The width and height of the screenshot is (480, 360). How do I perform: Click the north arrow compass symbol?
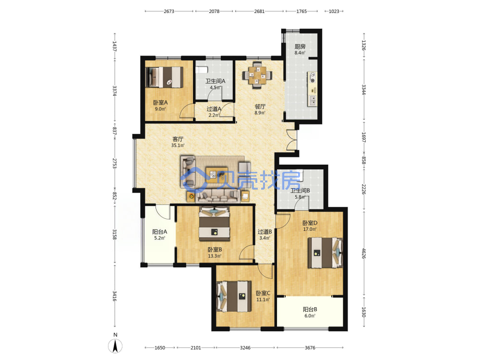[115, 346]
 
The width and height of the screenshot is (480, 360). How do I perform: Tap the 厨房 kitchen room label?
[300, 47]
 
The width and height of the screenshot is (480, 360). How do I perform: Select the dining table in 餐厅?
[257, 75]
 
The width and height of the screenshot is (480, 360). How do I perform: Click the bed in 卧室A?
[165, 77]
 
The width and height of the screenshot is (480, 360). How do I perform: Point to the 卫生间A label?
[215, 81]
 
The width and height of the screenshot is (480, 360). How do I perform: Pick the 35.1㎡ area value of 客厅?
[178, 145]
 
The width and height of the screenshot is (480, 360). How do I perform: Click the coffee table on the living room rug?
[217, 175]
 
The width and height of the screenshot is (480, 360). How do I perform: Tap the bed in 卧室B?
[215, 224]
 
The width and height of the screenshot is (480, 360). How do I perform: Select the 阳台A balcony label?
[160, 232]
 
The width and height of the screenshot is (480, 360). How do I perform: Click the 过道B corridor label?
[265, 232]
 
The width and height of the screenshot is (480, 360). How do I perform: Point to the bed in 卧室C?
[235, 297]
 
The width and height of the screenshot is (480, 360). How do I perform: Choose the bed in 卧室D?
[325, 252]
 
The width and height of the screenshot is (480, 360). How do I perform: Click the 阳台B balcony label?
[310, 309]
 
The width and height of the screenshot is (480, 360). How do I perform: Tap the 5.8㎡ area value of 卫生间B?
[300, 197]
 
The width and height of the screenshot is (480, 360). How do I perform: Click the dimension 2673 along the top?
[169, 12]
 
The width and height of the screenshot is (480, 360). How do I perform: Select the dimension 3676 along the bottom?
[310, 348]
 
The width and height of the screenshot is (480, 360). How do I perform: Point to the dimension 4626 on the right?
[364, 253]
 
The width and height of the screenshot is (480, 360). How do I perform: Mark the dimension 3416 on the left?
[115, 296]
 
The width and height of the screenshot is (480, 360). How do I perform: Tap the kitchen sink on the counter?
[312, 100]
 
